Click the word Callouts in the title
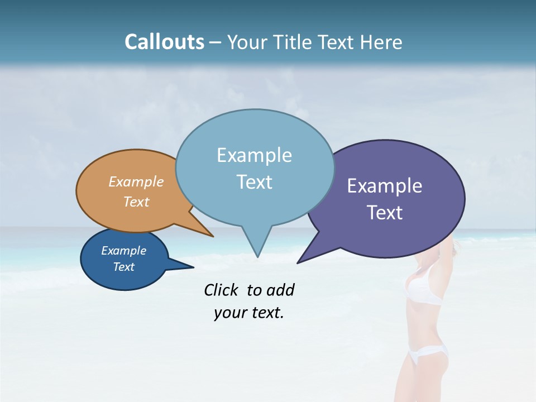coord(164,42)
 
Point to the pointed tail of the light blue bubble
coord(257,248)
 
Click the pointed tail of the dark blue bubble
coord(184,266)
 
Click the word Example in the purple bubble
coord(385,186)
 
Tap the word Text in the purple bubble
coord(385,213)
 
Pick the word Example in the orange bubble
coord(136,181)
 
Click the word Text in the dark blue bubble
coord(124,267)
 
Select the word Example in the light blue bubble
coord(254,155)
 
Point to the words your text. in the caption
coord(249,313)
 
